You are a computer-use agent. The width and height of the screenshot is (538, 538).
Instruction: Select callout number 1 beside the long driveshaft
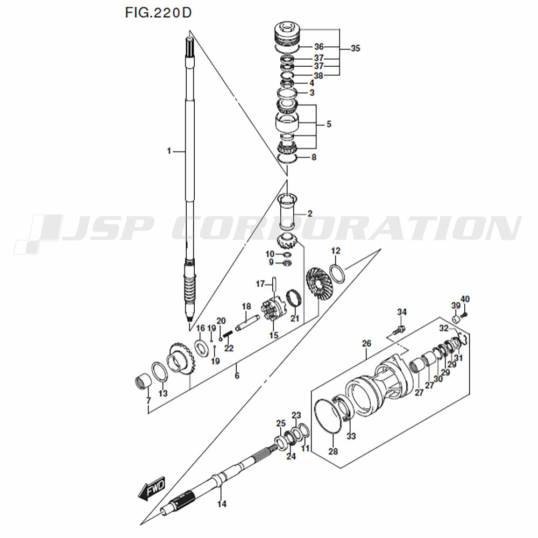tap(168, 152)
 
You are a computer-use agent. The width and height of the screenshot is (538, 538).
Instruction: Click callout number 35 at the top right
tap(355, 48)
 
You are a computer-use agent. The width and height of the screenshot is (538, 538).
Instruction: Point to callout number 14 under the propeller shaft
tap(222, 504)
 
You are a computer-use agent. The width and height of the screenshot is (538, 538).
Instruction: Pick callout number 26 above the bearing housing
tap(366, 343)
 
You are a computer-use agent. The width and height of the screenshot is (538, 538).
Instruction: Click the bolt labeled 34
tap(399, 328)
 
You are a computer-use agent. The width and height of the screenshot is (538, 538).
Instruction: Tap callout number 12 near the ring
tap(336, 251)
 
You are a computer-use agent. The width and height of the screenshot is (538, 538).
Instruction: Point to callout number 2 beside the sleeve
tap(309, 214)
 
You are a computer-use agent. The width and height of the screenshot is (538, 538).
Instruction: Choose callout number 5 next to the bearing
tap(329, 124)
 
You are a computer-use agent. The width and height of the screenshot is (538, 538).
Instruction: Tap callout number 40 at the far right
tap(466, 299)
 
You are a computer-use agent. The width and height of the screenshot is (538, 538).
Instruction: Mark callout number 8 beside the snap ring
tap(314, 158)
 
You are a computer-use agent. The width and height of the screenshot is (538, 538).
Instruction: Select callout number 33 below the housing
tap(351, 436)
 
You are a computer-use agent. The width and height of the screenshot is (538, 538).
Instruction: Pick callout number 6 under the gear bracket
tap(237, 376)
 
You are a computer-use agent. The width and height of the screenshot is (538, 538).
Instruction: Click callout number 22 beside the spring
tap(229, 348)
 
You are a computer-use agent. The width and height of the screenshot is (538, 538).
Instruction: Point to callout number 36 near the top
tap(319, 47)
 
